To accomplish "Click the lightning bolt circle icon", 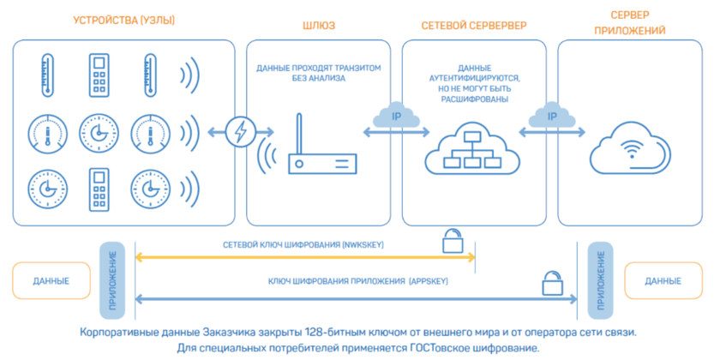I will point(240,132).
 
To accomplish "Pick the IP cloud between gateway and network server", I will point(396,115).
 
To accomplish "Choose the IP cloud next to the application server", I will point(552,115).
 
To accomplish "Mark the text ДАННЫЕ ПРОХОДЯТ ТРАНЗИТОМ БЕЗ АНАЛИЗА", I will point(318,73).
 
